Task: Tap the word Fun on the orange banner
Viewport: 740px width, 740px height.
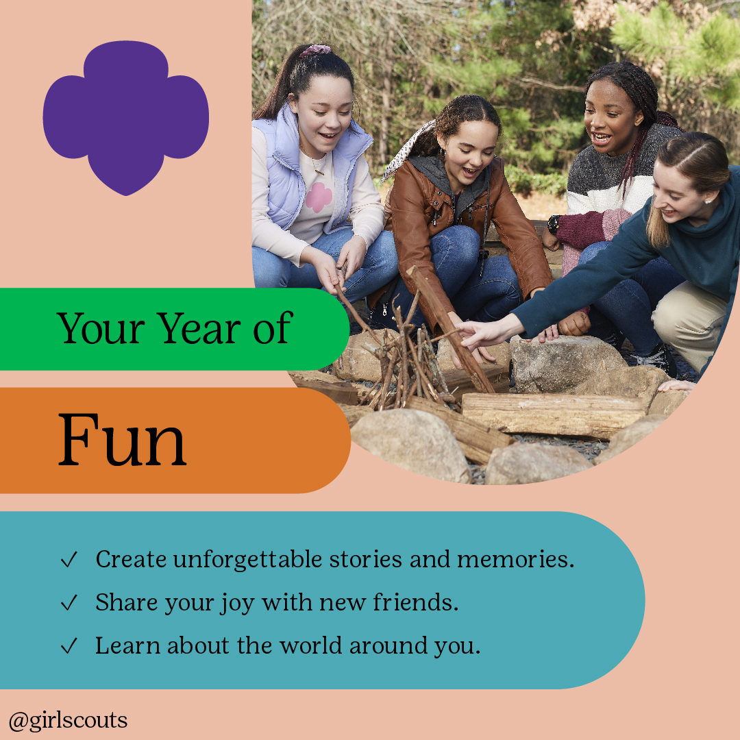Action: [x=122, y=441]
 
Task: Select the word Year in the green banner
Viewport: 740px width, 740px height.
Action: [x=199, y=328]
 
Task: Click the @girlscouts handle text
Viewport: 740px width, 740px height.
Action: [x=68, y=721]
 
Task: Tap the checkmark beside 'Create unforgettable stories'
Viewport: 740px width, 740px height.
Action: [x=69, y=559]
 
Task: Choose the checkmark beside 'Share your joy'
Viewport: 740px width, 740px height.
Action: [x=69, y=603]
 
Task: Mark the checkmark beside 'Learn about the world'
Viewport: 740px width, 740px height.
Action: [x=69, y=645]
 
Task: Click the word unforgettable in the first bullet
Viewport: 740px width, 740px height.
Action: [x=248, y=559]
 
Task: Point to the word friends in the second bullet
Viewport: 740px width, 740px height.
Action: [x=416, y=602]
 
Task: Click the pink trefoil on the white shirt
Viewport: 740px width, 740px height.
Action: [x=319, y=197]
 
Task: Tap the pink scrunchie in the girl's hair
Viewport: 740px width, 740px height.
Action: [x=314, y=50]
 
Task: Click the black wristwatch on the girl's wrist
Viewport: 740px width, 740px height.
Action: [x=553, y=224]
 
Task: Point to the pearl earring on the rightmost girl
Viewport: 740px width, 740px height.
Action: [x=708, y=201]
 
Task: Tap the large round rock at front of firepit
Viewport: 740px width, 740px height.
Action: [x=410, y=446]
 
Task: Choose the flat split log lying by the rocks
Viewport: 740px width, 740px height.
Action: [x=553, y=415]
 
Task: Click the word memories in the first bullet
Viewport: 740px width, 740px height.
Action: [x=515, y=559]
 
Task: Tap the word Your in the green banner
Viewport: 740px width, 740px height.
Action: [x=101, y=328]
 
